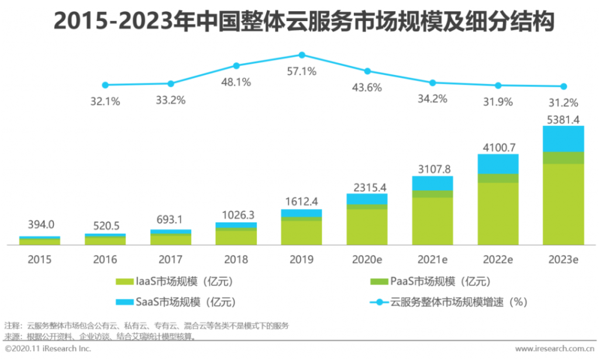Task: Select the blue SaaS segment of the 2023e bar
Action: [x=563, y=139]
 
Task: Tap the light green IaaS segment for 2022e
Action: [x=498, y=214]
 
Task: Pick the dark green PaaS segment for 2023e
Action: [x=563, y=157]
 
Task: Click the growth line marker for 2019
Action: [x=302, y=55]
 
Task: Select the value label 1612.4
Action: [x=302, y=201]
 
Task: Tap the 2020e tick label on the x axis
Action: [x=367, y=259]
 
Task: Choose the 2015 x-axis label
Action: [x=40, y=259]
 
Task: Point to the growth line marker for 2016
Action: [x=105, y=85]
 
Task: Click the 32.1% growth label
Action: [x=105, y=101]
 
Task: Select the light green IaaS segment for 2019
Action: [x=302, y=232]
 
